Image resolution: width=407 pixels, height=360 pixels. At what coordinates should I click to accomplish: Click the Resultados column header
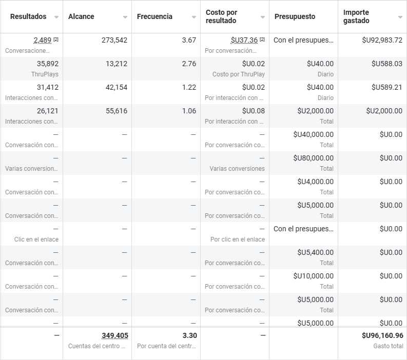coord(28,16)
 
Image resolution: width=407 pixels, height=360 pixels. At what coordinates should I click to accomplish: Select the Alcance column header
coord(81,16)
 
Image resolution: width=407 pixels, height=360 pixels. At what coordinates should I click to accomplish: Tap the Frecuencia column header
coord(154,16)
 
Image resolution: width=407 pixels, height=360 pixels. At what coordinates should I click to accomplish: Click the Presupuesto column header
coord(295,16)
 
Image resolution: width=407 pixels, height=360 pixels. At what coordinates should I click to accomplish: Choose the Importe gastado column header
coord(356,16)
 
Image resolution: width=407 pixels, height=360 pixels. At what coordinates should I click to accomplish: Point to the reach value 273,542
coord(114,40)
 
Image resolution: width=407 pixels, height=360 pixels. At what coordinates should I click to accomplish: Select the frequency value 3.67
coord(189,40)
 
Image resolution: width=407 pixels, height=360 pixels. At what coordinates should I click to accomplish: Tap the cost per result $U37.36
coord(244,40)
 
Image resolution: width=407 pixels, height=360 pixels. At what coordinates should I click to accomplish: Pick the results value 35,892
coord(48,64)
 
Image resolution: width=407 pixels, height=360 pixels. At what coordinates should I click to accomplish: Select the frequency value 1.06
coord(189,111)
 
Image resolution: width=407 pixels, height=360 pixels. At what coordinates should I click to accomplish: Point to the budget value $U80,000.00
coord(313,158)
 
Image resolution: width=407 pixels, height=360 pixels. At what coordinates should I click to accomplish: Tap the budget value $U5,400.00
coord(315,252)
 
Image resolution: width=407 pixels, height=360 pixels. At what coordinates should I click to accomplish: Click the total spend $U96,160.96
coord(382,335)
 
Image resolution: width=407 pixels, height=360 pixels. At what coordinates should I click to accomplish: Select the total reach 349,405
coord(115,335)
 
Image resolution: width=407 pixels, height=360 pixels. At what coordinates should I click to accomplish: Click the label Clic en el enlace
coord(36,239)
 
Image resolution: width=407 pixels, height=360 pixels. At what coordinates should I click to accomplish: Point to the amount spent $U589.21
coord(387,87)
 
